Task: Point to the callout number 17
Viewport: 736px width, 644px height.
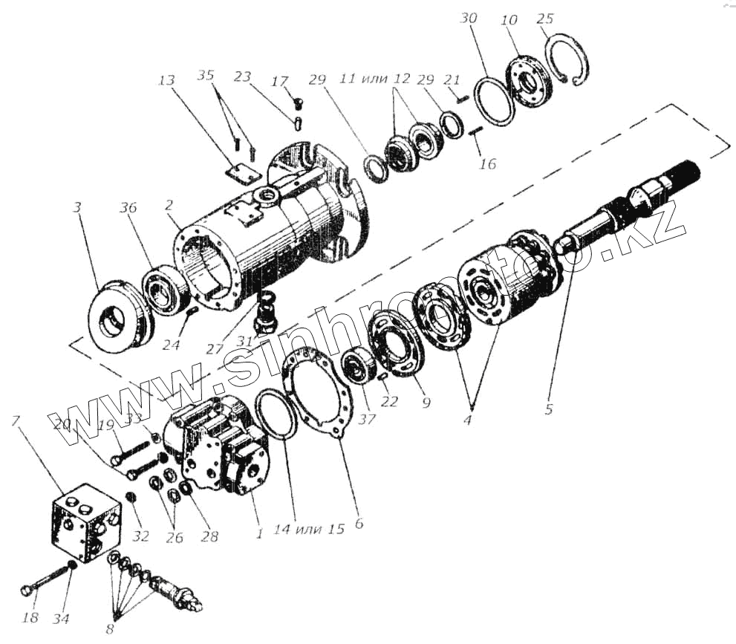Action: pyautogui.click(x=281, y=82)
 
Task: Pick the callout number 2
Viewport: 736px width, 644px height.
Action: pyautogui.click(x=169, y=204)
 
